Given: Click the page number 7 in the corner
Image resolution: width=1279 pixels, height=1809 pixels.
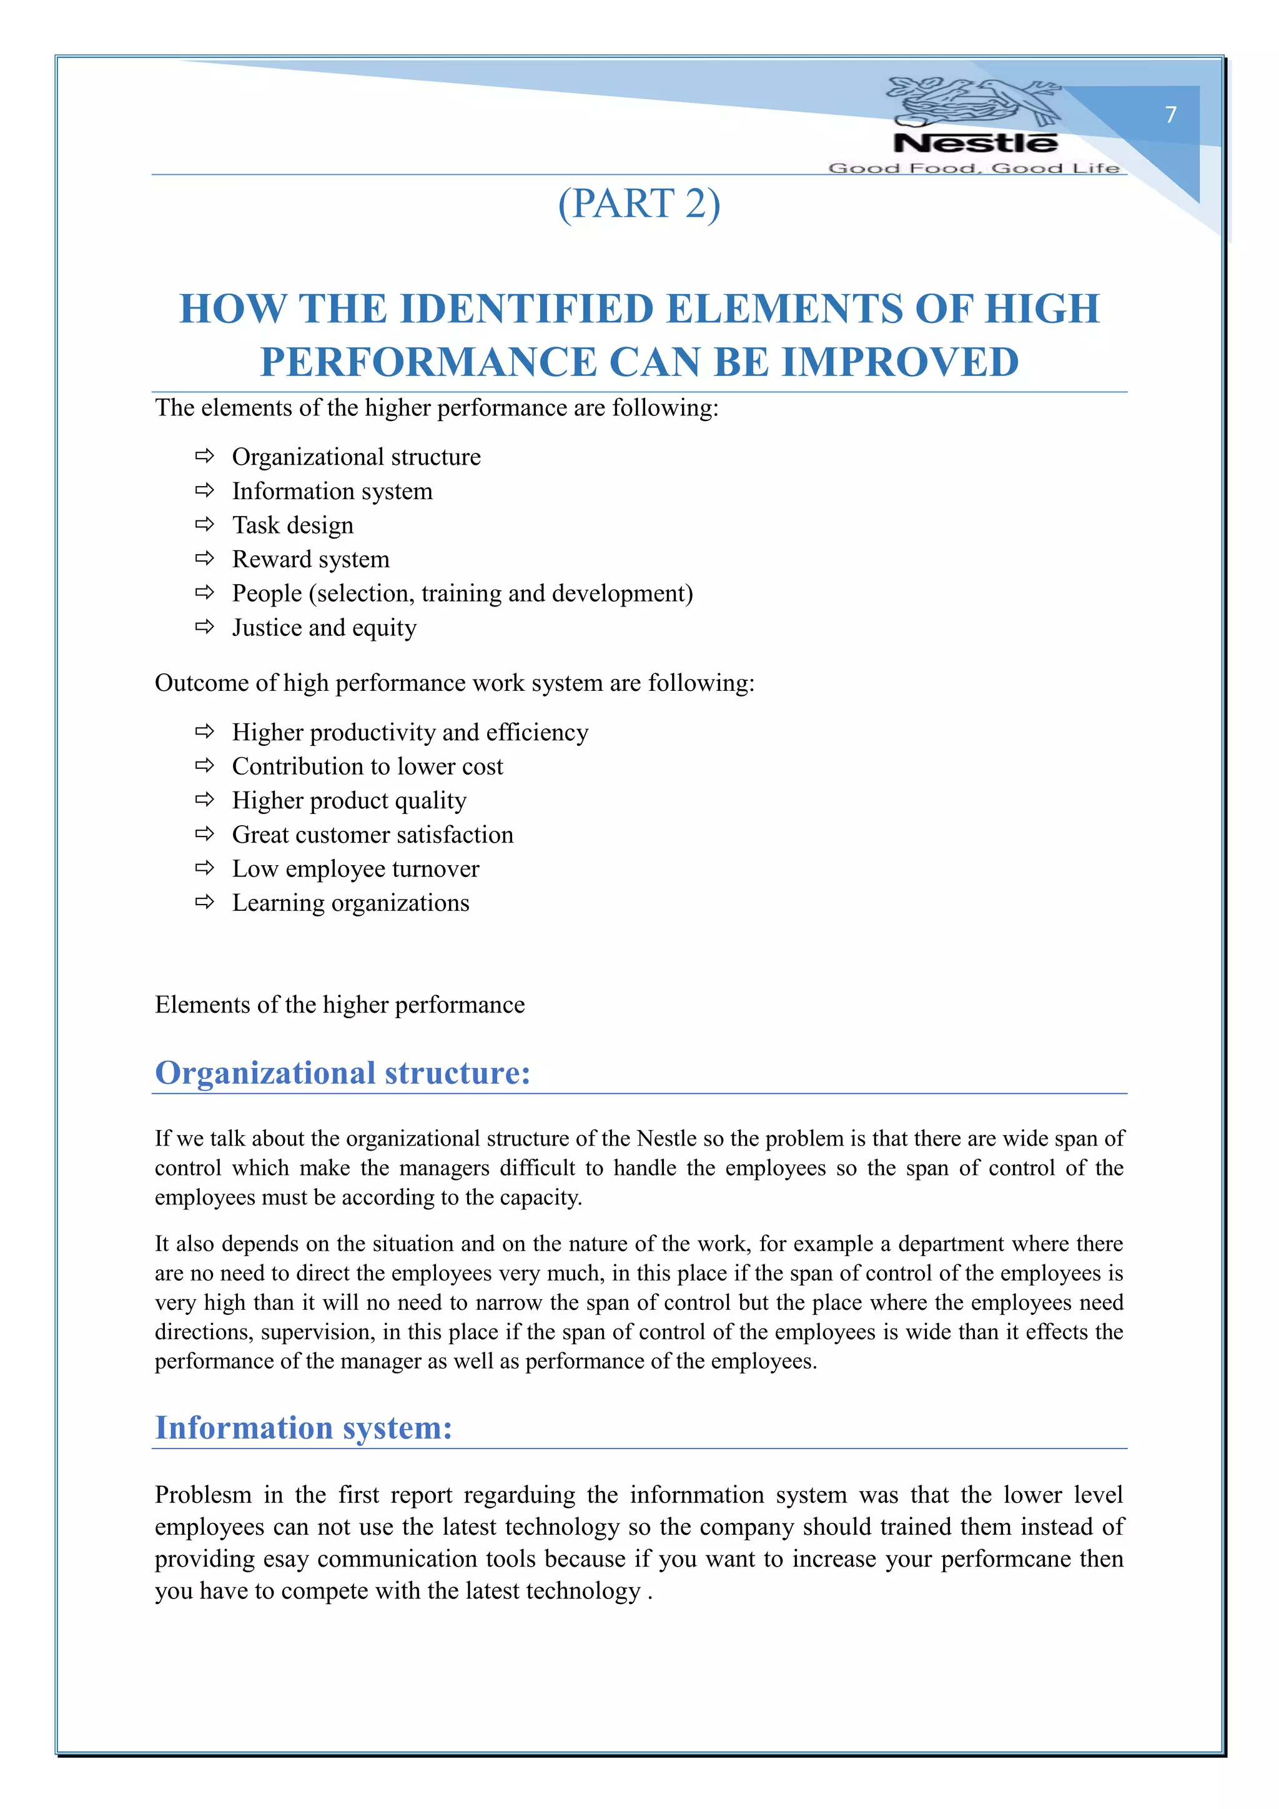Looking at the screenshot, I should pos(1170,115).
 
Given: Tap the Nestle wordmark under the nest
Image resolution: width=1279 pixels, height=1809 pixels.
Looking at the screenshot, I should pos(975,144).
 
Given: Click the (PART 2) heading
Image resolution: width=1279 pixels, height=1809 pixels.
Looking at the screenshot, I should pos(639,204).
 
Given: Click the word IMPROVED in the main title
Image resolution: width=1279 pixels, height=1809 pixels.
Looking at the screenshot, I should pos(899,362).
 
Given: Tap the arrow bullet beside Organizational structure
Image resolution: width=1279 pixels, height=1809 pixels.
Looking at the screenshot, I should pos(205,456).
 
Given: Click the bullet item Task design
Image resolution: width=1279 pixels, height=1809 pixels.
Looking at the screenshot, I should pos(292,525).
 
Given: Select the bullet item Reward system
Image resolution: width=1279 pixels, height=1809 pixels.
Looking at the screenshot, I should pos(310,560).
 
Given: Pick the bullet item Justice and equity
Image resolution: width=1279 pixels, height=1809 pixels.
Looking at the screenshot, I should pos(323,628).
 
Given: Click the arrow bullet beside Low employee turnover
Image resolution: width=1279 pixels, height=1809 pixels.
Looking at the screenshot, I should pos(205,868).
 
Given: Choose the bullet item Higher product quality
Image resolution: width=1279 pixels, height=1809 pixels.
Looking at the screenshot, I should pos(349,801).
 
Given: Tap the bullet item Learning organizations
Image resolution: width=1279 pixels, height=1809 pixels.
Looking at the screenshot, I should pos(350,903).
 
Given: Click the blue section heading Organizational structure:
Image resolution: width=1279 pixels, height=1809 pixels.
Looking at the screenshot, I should pos(343,1073).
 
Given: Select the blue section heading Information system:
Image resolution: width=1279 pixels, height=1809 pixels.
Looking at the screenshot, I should pos(304,1428).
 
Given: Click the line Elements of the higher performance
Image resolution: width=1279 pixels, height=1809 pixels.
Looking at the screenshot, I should pos(340,1004).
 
